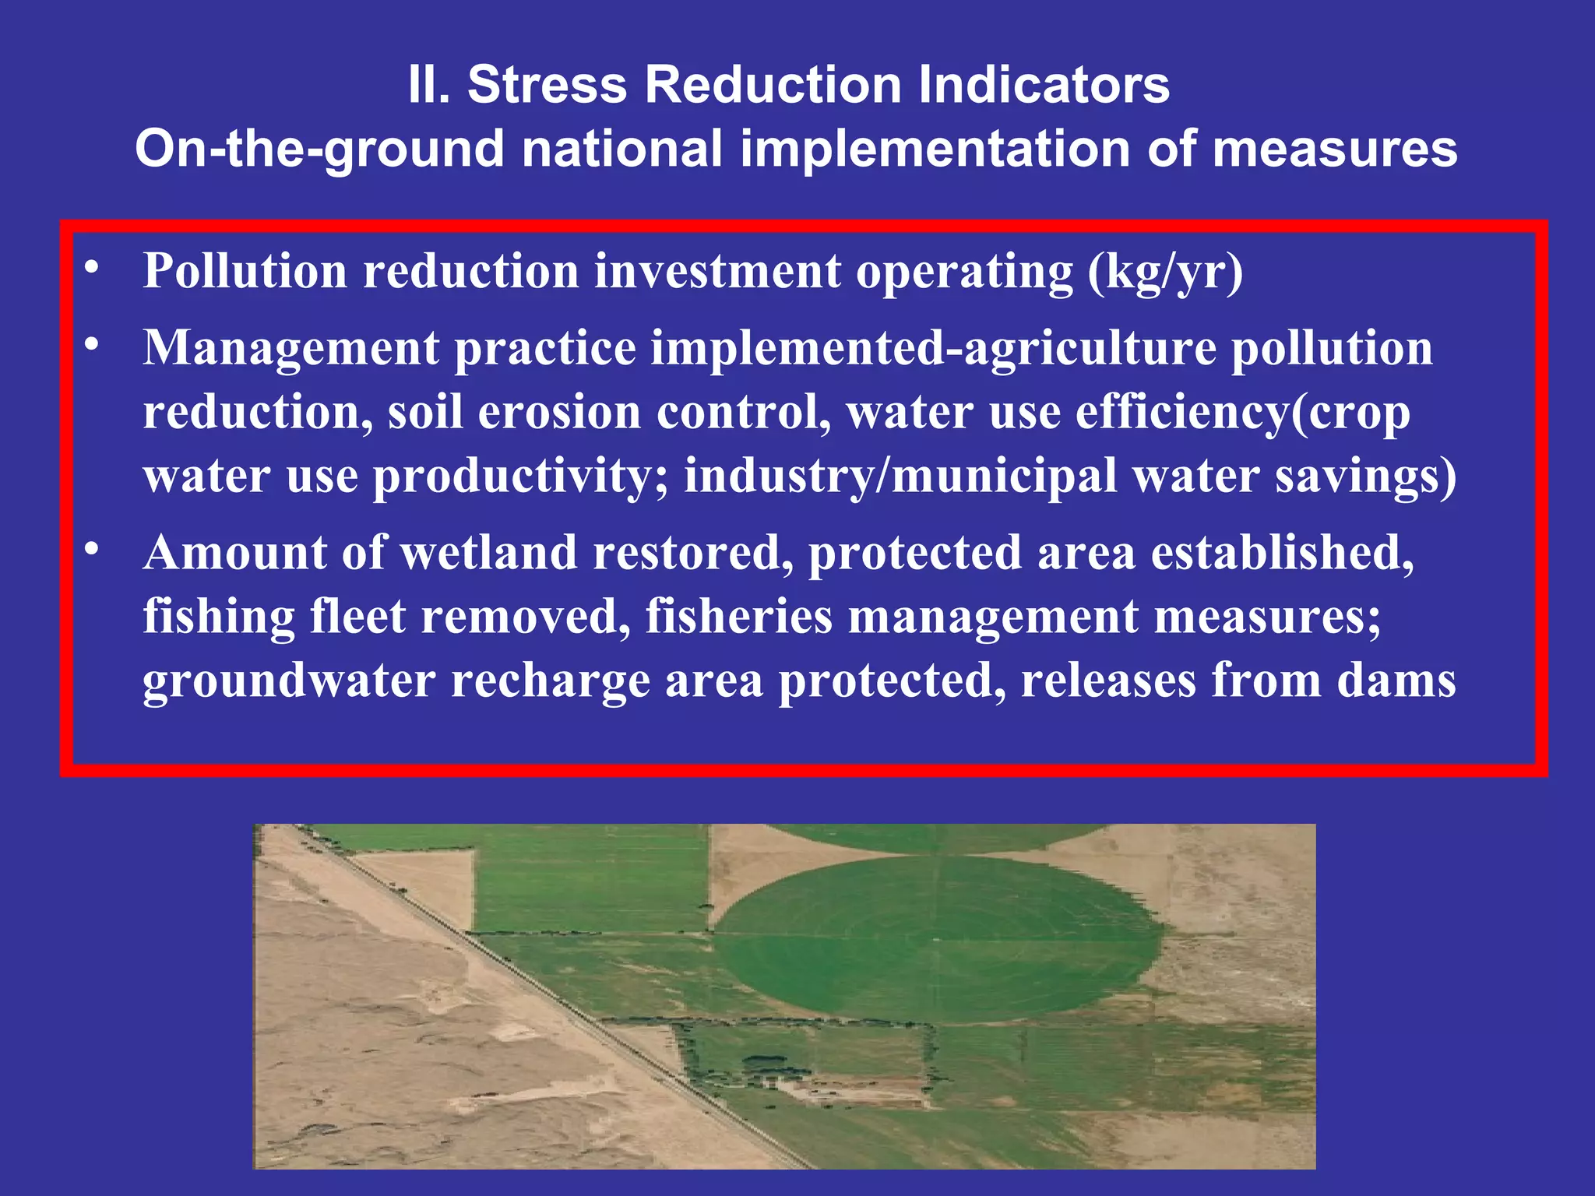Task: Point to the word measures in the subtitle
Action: pos(1335,149)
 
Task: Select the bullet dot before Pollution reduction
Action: pos(92,267)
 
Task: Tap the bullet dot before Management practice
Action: pos(92,343)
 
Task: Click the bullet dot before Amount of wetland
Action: pos(92,549)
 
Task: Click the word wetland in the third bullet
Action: pos(488,552)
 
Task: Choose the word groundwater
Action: pos(289,681)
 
